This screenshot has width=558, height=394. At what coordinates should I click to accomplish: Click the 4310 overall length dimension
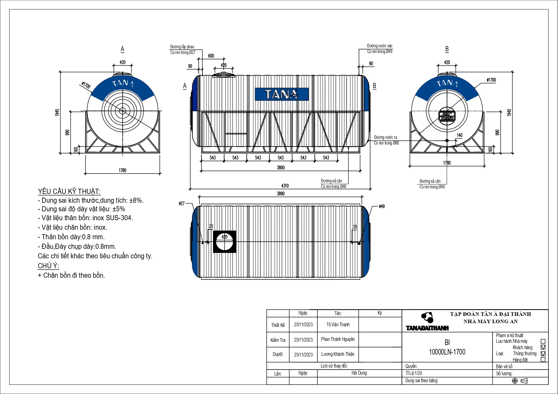coord(285,186)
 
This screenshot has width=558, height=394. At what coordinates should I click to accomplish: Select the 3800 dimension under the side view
coord(281,167)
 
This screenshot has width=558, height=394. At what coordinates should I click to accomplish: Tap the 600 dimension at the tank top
coord(211,56)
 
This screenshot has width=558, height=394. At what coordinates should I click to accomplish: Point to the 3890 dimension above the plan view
coord(281,194)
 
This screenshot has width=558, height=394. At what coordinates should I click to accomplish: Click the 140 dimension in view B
coord(460,135)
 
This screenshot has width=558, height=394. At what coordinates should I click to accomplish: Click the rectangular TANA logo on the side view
coord(282,94)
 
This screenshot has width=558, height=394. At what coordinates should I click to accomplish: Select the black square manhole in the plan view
coord(224,241)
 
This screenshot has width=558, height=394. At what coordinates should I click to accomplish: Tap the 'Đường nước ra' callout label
coord(385,137)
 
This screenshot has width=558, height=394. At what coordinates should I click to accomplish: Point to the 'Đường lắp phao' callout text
coord(182,47)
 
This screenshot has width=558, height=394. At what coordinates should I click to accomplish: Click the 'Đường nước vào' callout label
coord(380,46)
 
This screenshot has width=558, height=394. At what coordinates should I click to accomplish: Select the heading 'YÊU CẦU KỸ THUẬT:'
coord(69,191)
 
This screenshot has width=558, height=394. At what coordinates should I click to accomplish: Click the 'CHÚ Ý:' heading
coord(48,266)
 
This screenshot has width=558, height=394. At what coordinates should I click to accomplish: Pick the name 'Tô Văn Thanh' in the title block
coord(338,324)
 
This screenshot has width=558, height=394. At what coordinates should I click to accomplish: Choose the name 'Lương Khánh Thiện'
coord(338,354)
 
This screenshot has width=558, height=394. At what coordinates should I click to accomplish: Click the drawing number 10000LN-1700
coord(447,352)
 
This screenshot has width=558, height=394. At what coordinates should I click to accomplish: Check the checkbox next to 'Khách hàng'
coord(543,347)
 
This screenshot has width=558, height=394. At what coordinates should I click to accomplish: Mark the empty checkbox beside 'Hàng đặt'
coord(543,360)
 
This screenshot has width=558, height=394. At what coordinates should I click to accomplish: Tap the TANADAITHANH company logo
coord(427,322)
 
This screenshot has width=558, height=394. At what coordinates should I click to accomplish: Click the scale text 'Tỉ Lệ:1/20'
coord(414,373)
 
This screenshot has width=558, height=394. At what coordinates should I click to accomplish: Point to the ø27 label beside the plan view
coord(182,203)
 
